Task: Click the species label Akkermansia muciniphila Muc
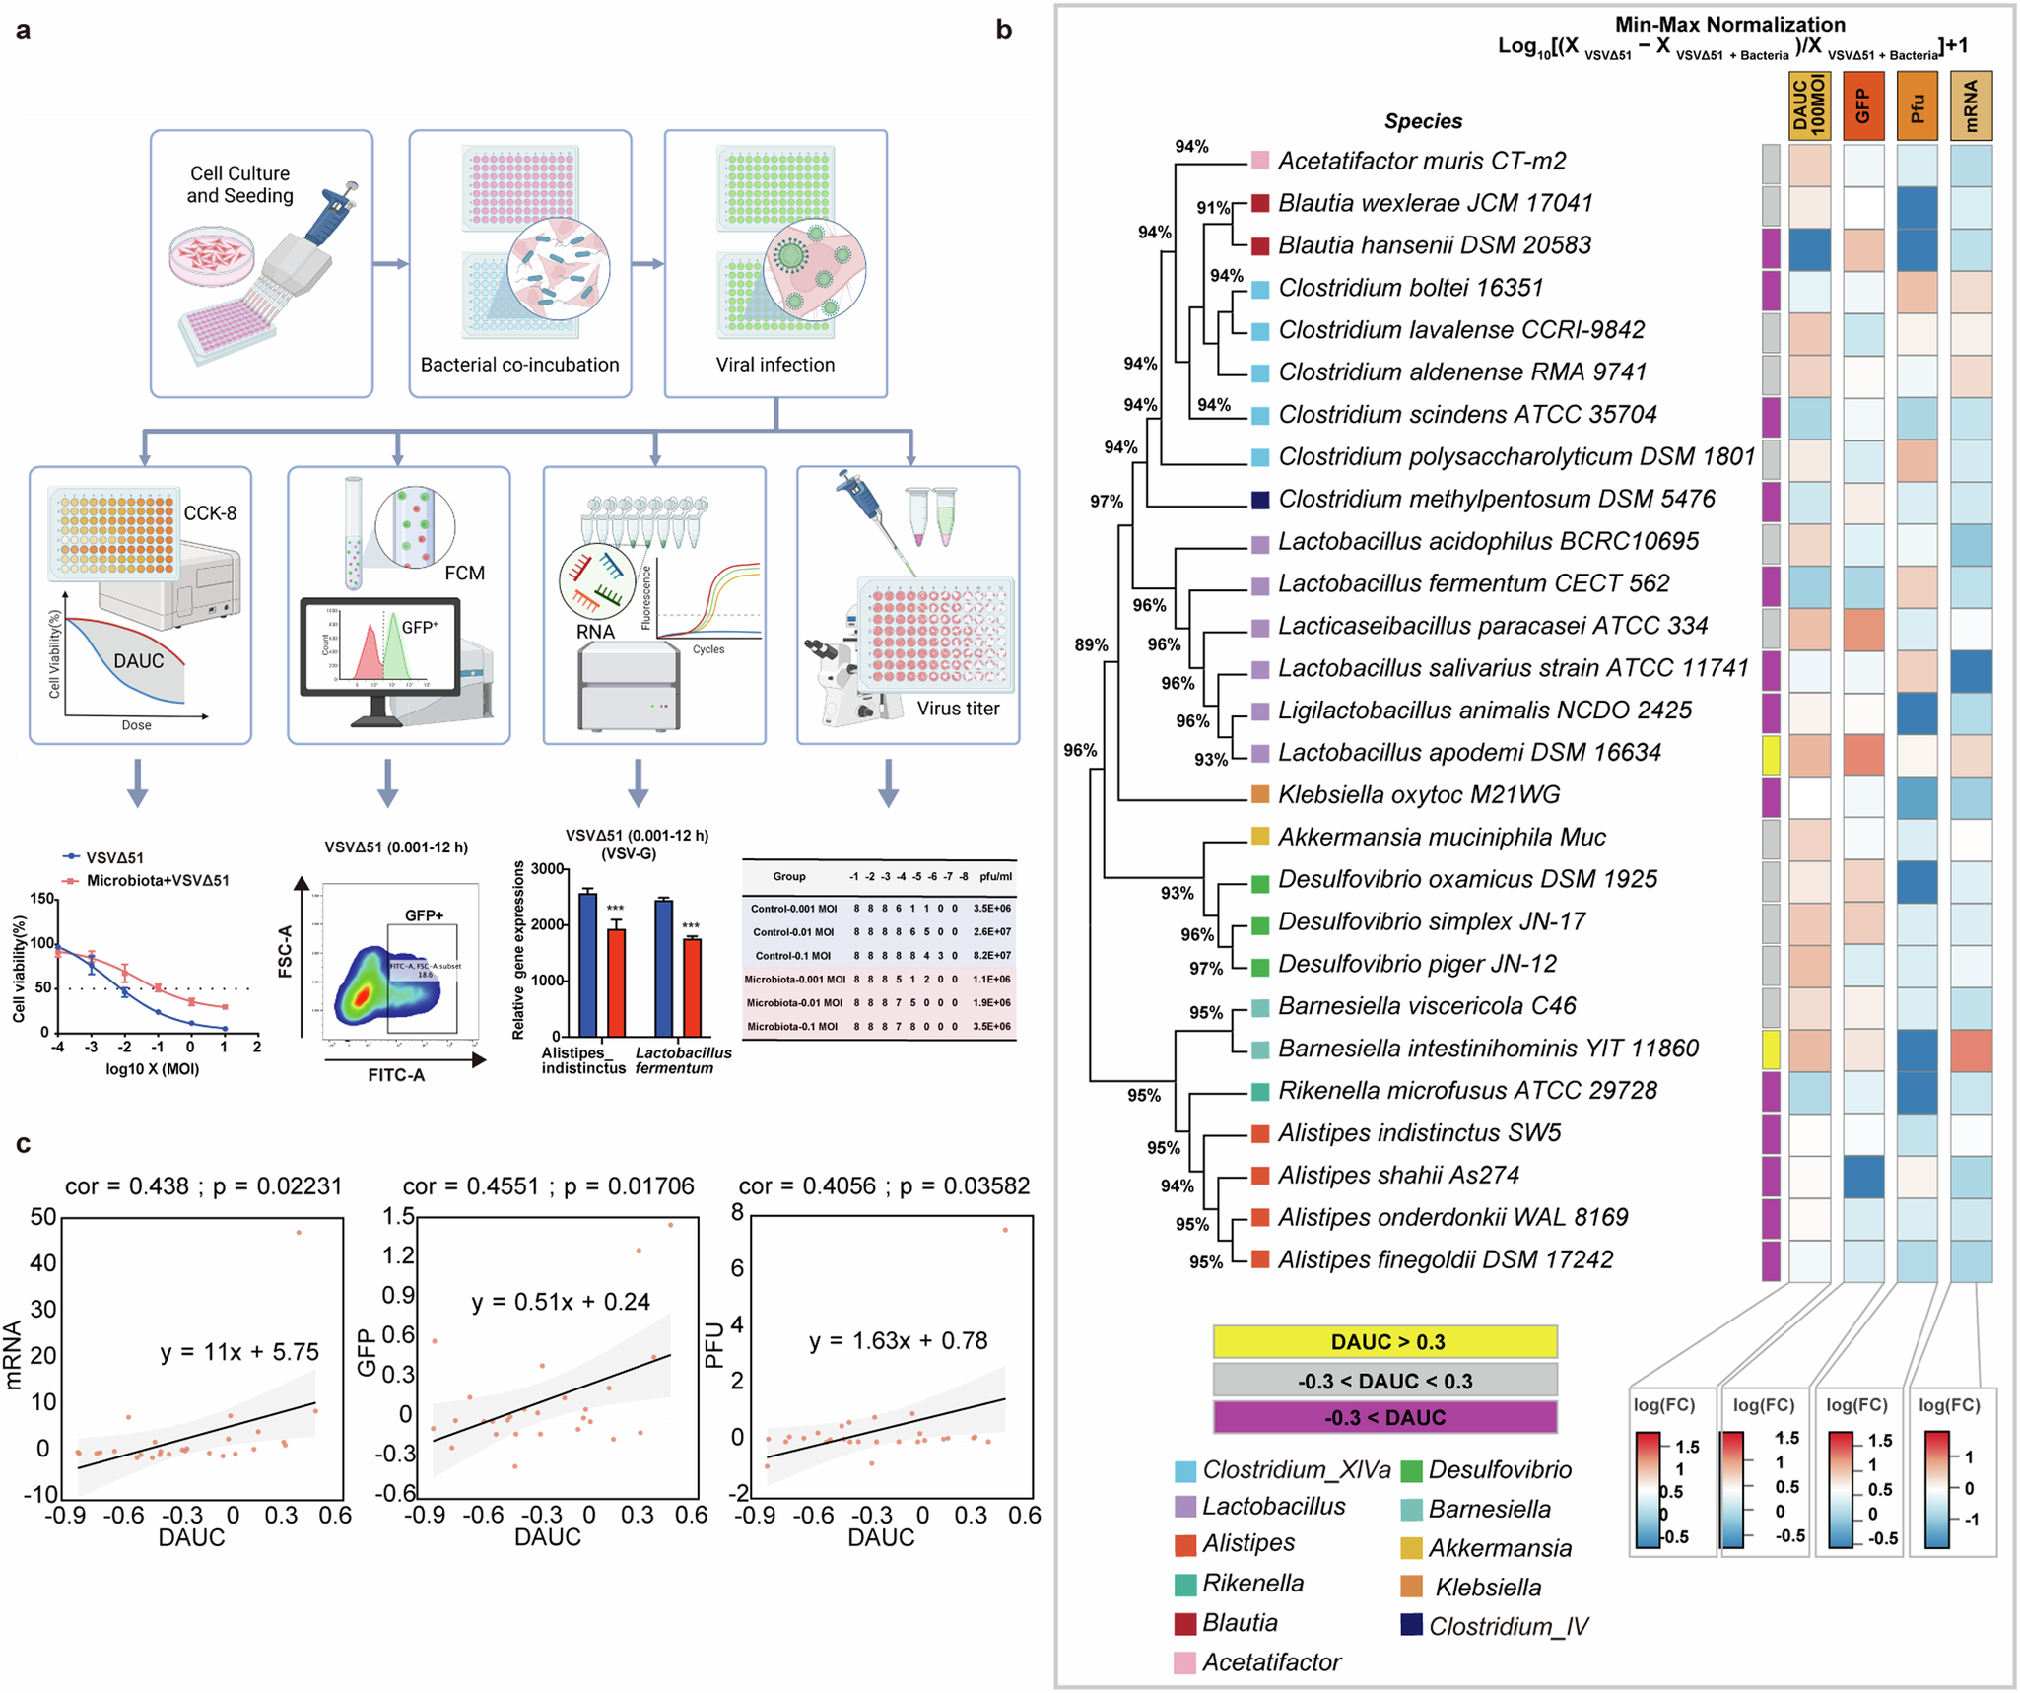point(1441,837)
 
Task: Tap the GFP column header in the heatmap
point(1862,105)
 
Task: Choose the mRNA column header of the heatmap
point(1971,105)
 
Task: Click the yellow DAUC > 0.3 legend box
point(1384,1341)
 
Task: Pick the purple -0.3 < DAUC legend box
point(1384,1417)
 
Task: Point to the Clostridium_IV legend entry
point(1508,1626)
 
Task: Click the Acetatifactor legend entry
point(1271,1662)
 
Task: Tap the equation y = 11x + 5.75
point(239,1352)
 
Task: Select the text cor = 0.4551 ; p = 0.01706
point(548,1185)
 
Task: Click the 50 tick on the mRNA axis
point(43,1217)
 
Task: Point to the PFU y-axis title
point(714,1345)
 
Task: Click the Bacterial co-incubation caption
point(519,365)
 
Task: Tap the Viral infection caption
point(775,365)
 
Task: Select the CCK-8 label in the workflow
point(210,512)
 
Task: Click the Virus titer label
point(958,708)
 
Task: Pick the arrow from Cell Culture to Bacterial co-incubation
point(390,264)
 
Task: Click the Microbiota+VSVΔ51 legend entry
point(158,880)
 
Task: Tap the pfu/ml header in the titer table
point(995,876)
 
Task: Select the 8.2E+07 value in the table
point(991,955)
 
